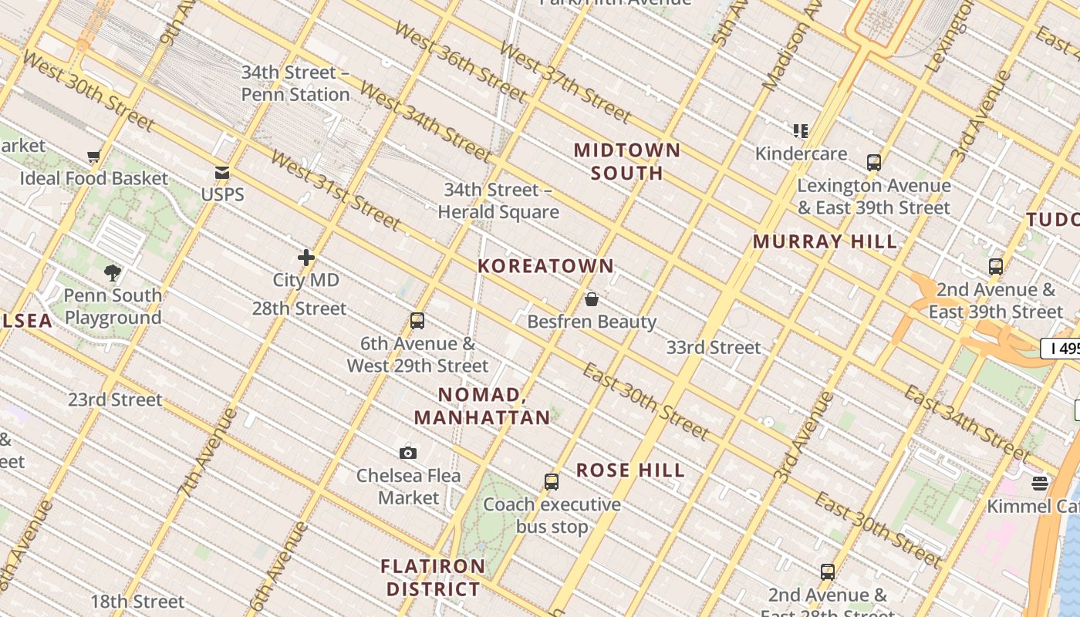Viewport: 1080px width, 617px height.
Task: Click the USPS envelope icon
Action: click(x=222, y=173)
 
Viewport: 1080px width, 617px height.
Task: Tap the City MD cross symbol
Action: click(x=306, y=258)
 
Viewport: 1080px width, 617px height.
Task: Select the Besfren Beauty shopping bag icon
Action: click(x=592, y=299)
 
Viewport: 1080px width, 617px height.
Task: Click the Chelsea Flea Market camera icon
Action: click(x=408, y=453)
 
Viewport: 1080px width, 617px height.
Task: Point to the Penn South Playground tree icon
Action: click(x=113, y=272)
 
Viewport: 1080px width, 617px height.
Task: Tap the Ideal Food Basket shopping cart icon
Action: click(x=94, y=157)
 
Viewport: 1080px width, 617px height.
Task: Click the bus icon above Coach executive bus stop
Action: click(x=552, y=482)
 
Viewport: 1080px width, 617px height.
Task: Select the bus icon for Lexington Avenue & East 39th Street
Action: click(x=873, y=163)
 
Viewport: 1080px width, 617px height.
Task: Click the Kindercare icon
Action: click(x=801, y=131)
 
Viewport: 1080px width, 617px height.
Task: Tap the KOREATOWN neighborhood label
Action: click(x=545, y=266)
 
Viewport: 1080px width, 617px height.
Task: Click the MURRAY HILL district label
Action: click(x=825, y=241)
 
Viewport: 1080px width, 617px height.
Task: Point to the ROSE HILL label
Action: click(x=630, y=470)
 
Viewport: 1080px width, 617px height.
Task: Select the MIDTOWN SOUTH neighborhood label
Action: click(x=627, y=161)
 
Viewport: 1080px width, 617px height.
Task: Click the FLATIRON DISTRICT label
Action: click(x=433, y=578)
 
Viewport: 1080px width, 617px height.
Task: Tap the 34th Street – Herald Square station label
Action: click(x=498, y=201)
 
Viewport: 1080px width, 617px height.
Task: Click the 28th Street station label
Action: click(x=299, y=308)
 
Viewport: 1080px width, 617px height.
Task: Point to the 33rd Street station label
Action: click(x=714, y=347)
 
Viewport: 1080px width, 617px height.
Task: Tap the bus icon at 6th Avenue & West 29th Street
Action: click(x=417, y=321)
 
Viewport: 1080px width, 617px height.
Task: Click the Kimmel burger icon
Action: click(x=1040, y=484)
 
